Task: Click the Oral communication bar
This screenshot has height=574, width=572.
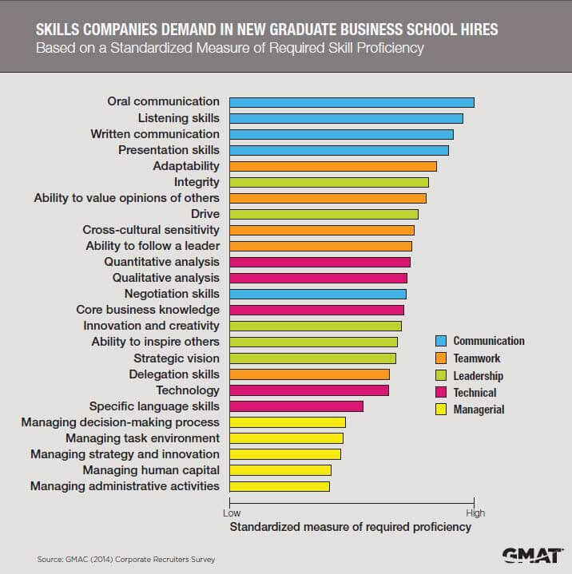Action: click(x=352, y=102)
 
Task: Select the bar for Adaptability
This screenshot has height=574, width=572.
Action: click(x=333, y=166)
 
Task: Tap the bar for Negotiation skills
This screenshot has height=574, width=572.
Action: click(x=318, y=294)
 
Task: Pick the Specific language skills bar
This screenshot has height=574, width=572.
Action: click(x=296, y=406)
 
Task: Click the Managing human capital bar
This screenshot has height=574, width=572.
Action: click(x=280, y=470)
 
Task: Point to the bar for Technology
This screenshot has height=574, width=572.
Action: click(x=309, y=390)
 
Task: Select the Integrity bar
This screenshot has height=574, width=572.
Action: click(x=329, y=182)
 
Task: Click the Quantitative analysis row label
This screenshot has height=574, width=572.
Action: click(x=161, y=262)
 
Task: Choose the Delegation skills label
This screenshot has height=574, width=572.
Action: click(x=174, y=374)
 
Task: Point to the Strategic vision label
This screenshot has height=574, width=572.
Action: click(x=176, y=358)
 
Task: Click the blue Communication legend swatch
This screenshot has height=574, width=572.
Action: click(x=439, y=341)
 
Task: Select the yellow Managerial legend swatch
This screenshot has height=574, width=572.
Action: click(x=439, y=410)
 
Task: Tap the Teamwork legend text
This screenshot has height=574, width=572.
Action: click(x=477, y=358)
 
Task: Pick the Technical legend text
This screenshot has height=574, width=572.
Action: click(x=475, y=393)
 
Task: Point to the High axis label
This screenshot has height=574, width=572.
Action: click(x=475, y=513)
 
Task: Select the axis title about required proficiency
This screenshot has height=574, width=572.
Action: click(x=351, y=528)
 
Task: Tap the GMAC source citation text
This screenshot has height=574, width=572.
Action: click(x=126, y=560)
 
